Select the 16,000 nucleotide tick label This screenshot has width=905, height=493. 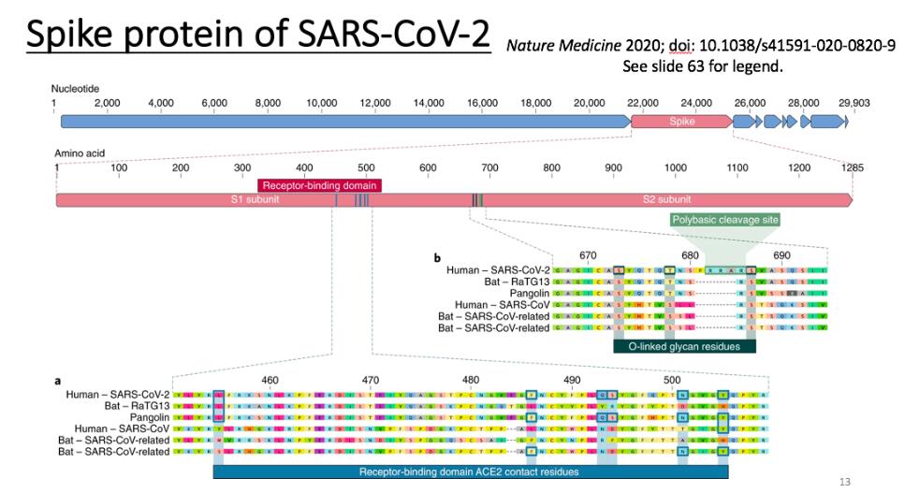pyautogui.click(x=482, y=102)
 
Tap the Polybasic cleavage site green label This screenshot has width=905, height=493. pyautogui.click(x=725, y=220)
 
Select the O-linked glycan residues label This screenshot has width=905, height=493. pyautogui.click(x=684, y=346)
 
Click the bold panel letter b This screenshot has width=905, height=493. pyautogui.click(x=436, y=257)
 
